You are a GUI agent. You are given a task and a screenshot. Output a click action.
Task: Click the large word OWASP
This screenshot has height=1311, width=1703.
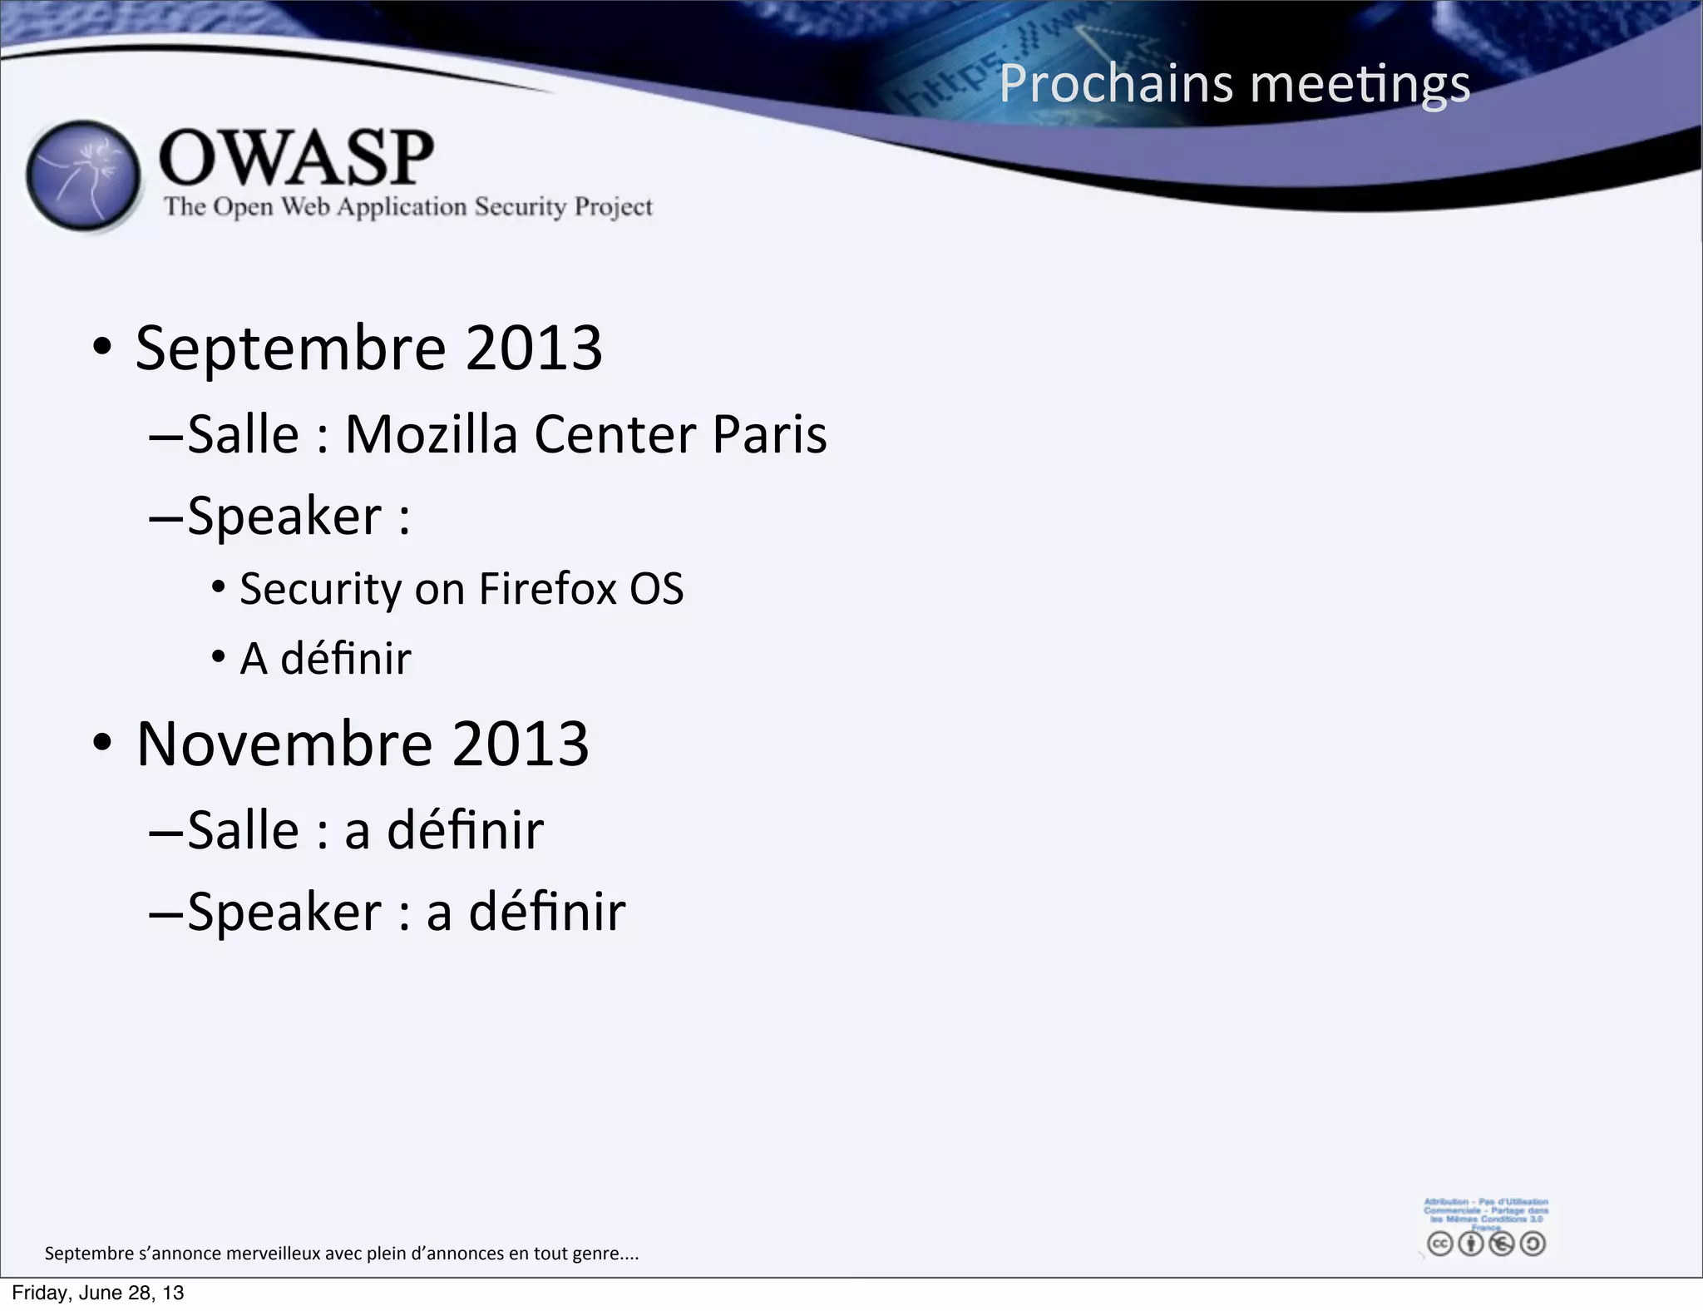coord(296,157)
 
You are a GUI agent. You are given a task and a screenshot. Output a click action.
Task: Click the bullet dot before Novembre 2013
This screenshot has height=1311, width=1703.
coord(101,743)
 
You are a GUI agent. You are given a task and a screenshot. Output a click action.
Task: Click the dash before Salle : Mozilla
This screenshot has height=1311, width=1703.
coord(165,436)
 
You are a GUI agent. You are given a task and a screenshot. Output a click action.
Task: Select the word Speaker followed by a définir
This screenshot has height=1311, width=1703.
coord(284,913)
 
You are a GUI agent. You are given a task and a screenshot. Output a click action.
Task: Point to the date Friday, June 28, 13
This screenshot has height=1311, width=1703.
coord(98,1293)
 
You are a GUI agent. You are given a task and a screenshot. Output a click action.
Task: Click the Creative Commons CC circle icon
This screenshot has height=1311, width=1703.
coord(1439,1244)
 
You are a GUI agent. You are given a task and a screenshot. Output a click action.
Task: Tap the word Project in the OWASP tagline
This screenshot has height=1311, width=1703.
coord(614,207)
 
